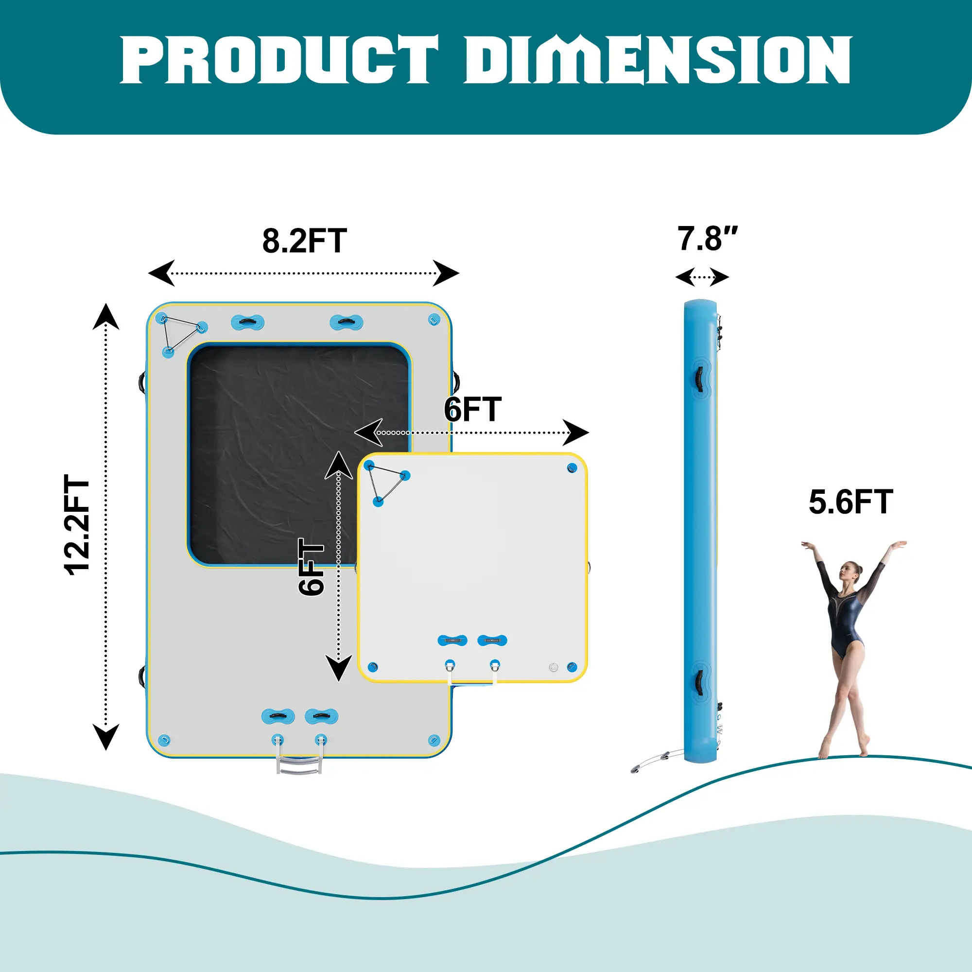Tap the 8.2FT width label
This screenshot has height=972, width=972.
point(304,241)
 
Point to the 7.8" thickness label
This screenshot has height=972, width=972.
point(706,239)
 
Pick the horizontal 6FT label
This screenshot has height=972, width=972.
point(472,410)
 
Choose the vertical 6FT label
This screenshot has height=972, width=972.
point(311,567)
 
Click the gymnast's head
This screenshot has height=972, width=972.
point(850,572)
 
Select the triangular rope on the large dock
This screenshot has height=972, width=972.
point(181,332)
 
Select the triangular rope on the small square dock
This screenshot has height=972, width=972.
point(386,483)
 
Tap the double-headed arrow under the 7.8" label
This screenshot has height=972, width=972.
point(702,277)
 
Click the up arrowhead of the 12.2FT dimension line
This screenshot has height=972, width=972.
point(105,317)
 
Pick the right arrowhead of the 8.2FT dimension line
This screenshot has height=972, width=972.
point(446,273)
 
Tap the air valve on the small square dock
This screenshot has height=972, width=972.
point(554,668)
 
